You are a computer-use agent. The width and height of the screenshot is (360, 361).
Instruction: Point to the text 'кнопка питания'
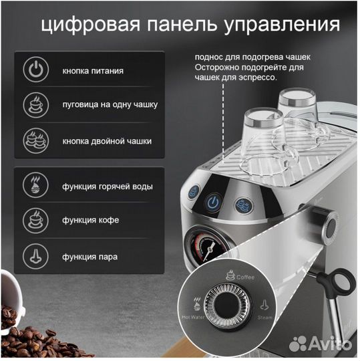(x=93, y=70)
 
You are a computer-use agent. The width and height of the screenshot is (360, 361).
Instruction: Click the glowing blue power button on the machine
(x=212, y=202)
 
